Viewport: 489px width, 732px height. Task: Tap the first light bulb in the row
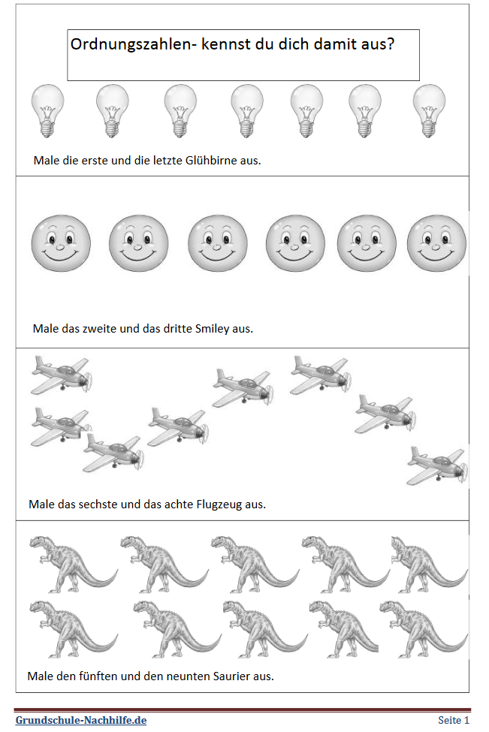pyautogui.click(x=47, y=110)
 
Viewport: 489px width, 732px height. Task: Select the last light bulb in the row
pyautogui.click(x=429, y=110)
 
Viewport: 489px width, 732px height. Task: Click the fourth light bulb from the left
pyautogui.click(x=247, y=110)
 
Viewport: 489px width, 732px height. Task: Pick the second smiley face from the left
pyautogui.click(x=138, y=243)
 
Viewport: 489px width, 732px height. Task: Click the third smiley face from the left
pyautogui.click(x=218, y=243)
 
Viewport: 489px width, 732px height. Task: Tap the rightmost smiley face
pyautogui.click(x=436, y=243)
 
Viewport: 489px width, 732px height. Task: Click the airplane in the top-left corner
pyautogui.click(x=62, y=375)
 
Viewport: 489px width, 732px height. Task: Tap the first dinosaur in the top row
pyautogui.click(x=73, y=565)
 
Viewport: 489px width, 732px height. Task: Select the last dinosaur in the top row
pyautogui.click(x=430, y=565)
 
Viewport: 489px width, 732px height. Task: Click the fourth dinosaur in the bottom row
pyautogui.click(x=343, y=629)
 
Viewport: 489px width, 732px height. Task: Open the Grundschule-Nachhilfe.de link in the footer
pyautogui.click(x=81, y=720)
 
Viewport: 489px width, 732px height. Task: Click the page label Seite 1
pyautogui.click(x=454, y=720)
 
